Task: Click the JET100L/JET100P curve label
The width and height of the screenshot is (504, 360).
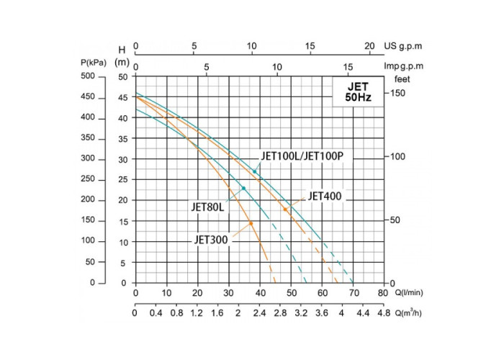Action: (x=302, y=156)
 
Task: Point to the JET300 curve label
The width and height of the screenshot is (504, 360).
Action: (x=212, y=240)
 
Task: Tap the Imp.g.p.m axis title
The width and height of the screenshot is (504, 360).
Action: (x=403, y=66)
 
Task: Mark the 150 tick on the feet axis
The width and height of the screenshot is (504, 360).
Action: (x=398, y=93)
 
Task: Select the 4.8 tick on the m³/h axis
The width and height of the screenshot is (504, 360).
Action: (x=382, y=313)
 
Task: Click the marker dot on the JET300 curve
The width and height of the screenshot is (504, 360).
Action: (x=251, y=223)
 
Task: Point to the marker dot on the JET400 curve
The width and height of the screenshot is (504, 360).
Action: (x=285, y=210)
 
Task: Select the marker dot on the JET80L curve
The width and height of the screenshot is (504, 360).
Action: (x=243, y=188)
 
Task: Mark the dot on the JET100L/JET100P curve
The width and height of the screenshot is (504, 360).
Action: (x=254, y=171)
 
